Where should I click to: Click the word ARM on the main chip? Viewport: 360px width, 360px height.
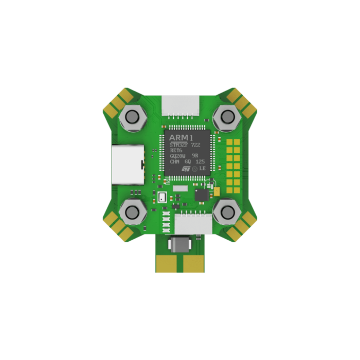(x=177, y=138)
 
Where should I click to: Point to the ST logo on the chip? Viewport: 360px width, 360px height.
(x=186, y=168)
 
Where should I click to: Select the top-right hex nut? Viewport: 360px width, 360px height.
(x=226, y=118)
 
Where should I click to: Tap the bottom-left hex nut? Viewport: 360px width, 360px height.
(x=133, y=211)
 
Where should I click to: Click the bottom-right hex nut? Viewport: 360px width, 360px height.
(x=226, y=211)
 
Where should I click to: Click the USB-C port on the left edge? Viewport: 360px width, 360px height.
(x=127, y=165)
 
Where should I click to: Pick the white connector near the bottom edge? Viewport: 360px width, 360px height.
(x=191, y=225)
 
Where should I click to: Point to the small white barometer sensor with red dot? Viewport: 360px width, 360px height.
(x=163, y=197)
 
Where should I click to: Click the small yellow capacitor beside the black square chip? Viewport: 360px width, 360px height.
(x=217, y=191)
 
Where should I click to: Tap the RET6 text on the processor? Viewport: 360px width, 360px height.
(x=176, y=153)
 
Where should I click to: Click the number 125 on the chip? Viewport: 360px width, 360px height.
(x=201, y=161)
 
